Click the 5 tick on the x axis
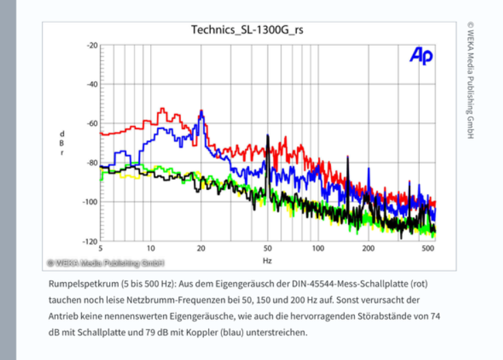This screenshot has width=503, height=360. coord(100,248)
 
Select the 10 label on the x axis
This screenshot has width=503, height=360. coord(150,248)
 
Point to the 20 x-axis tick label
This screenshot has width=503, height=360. coord(201,248)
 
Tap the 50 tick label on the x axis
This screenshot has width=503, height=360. coord(268,248)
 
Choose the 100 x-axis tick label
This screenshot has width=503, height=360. coord(318,248)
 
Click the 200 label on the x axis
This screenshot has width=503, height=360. coord(369,248)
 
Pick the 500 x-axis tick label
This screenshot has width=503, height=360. coord(428,248)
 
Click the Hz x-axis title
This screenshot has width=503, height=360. coord(268,261)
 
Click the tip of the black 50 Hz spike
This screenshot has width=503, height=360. coord(268,136)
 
